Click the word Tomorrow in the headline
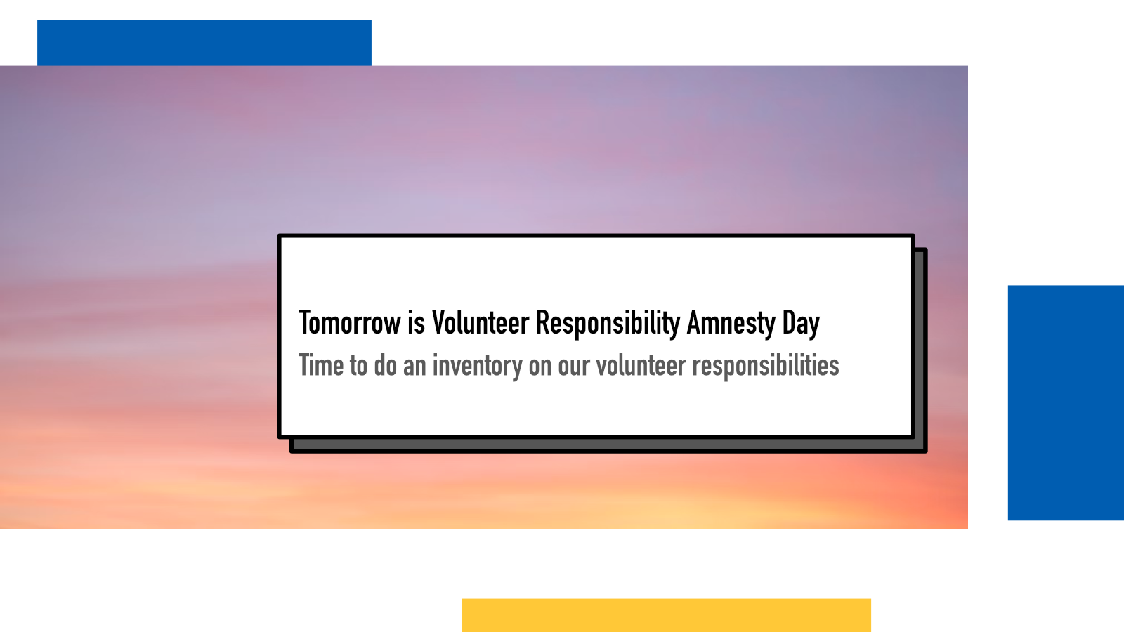(350, 322)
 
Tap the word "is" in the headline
(417, 322)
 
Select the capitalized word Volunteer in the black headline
(481, 322)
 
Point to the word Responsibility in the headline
(608, 324)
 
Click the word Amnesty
(731, 324)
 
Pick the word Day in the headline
(801, 324)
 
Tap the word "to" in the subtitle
(359, 364)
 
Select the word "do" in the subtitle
(386, 364)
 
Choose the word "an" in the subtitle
(414, 366)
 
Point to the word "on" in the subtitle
(540, 366)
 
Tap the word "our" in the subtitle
(574, 366)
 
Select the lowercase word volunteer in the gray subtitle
(641, 364)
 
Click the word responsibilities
(766, 366)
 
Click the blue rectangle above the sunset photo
(204, 43)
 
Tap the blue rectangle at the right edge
(1066, 403)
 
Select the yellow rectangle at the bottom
(667, 615)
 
